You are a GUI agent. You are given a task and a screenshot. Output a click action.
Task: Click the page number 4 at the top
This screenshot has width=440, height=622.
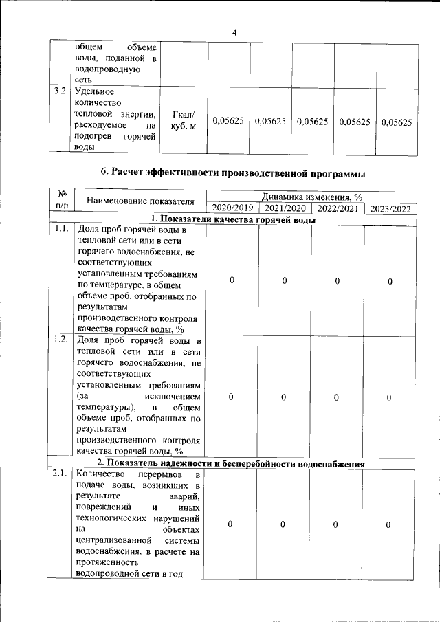[234, 32]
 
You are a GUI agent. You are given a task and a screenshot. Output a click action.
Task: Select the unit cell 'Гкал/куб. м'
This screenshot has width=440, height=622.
[183, 121]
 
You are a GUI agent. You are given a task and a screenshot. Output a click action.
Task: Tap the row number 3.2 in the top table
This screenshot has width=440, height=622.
[60, 91]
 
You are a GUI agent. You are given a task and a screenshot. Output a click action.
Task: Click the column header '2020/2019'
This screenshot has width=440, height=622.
[232, 208]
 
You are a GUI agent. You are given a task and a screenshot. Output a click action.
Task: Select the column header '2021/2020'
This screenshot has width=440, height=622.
[285, 208]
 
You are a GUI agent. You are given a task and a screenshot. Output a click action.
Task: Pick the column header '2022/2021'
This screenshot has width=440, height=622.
[337, 208]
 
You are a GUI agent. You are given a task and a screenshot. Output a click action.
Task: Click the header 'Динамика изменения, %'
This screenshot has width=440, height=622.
[311, 197]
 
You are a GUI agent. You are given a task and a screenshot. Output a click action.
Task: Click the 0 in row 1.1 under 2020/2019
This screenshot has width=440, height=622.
[232, 280]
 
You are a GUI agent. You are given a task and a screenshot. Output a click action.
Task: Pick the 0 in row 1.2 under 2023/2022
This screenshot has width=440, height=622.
[389, 397]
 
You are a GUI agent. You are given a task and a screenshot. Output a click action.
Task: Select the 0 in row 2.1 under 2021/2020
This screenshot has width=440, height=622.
[284, 525]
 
